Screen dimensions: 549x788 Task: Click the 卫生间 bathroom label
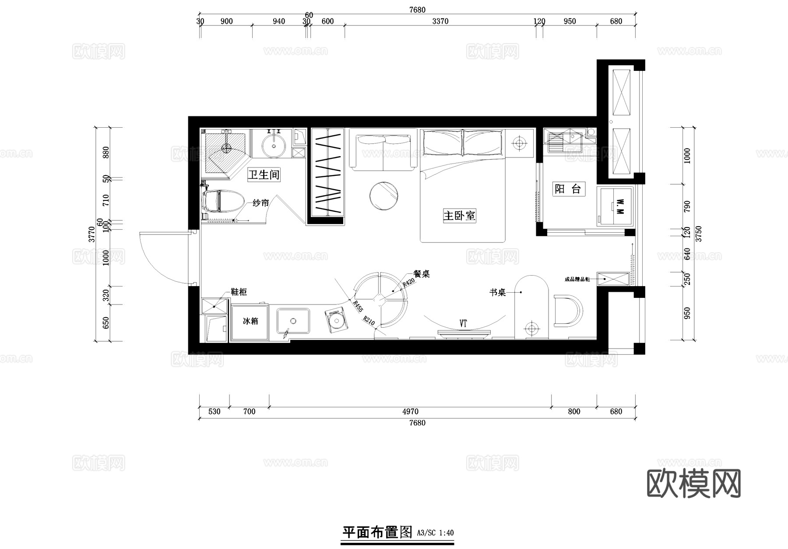264,175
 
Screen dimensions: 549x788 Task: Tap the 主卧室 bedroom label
459,216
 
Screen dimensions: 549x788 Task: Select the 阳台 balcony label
567,189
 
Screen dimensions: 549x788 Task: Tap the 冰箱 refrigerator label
250,321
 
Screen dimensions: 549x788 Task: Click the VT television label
463,324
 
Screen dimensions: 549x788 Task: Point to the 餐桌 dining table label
422,274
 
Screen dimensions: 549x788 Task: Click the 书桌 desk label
497,293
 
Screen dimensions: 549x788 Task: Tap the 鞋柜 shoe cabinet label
239,292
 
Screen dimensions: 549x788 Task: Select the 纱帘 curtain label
260,203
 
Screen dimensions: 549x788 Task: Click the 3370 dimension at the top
440,21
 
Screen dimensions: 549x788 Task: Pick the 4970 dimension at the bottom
410,412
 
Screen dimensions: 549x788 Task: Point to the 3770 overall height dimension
91,234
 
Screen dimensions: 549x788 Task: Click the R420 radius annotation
408,283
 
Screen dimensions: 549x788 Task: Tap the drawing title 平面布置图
377,532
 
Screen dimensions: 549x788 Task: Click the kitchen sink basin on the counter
293,321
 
